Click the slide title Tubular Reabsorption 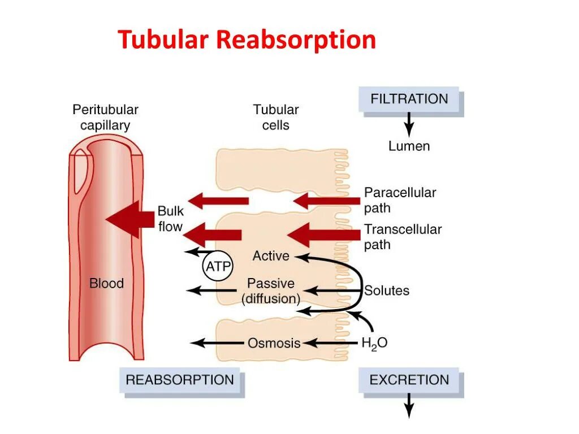coord(247,41)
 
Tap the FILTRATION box coord(409,99)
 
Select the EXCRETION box coord(409,380)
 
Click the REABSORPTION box coord(180,380)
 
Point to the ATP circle coord(218,266)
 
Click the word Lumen coord(409,146)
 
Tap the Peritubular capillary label coord(106,117)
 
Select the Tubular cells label coord(276,117)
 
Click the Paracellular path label coord(400,200)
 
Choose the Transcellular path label coord(403,237)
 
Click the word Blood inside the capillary coord(106,283)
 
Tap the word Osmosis coord(274,343)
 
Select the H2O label coord(374,343)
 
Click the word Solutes coord(387,291)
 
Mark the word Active coord(271,256)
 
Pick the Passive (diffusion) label coord(271,290)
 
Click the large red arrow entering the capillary coord(130,219)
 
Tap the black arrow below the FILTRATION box coord(409,122)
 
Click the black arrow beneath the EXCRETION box coord(409,406)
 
